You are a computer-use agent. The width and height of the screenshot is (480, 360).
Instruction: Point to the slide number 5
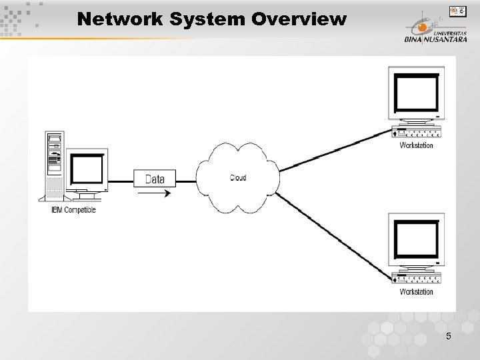449,337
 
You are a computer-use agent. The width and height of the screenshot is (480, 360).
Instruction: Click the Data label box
154,179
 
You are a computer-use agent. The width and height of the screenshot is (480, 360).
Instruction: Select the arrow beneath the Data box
154,193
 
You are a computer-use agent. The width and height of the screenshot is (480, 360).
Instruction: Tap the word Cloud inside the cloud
238,177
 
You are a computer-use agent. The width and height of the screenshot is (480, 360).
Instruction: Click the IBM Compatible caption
73,210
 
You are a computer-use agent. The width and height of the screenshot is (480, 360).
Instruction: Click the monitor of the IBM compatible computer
87,171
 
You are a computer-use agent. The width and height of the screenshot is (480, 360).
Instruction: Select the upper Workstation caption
416,145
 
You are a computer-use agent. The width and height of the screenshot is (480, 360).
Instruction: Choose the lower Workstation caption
416,291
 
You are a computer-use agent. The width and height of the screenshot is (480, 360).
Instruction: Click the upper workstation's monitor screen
417,93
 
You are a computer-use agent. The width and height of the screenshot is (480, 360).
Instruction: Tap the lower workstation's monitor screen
417,240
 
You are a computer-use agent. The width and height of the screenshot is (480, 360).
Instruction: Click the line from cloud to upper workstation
333,151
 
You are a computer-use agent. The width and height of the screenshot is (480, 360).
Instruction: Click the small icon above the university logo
457,11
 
